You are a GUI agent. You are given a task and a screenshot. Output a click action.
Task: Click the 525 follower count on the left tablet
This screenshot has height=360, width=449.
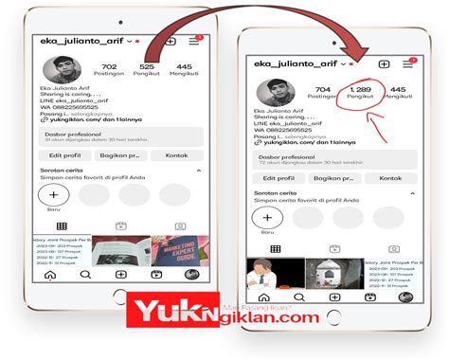click(x=147, y=67)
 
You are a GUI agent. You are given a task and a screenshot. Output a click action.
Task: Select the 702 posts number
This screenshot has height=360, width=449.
click(x=109, y=67)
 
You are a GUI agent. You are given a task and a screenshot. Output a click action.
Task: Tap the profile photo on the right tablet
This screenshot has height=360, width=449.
click(x=277, y=93)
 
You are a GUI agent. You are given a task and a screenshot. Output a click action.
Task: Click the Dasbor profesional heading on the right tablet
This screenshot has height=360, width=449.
click(x=284, y=156)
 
